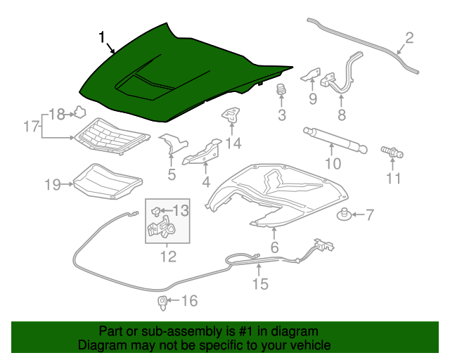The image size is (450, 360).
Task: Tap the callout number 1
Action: [103, 37]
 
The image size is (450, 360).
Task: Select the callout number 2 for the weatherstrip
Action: [409, 38]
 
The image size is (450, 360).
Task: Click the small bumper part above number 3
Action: [281, 90]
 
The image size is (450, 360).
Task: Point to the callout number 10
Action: [333, 164]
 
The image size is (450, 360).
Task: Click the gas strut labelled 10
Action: [335, 139]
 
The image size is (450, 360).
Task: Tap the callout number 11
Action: [394, 178]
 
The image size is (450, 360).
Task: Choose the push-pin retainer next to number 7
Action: [345, 214]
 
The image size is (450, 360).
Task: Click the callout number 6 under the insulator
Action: [274, 247]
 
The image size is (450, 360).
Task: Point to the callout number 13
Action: [181, 209]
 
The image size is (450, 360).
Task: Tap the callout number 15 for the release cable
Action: [260, 284]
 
